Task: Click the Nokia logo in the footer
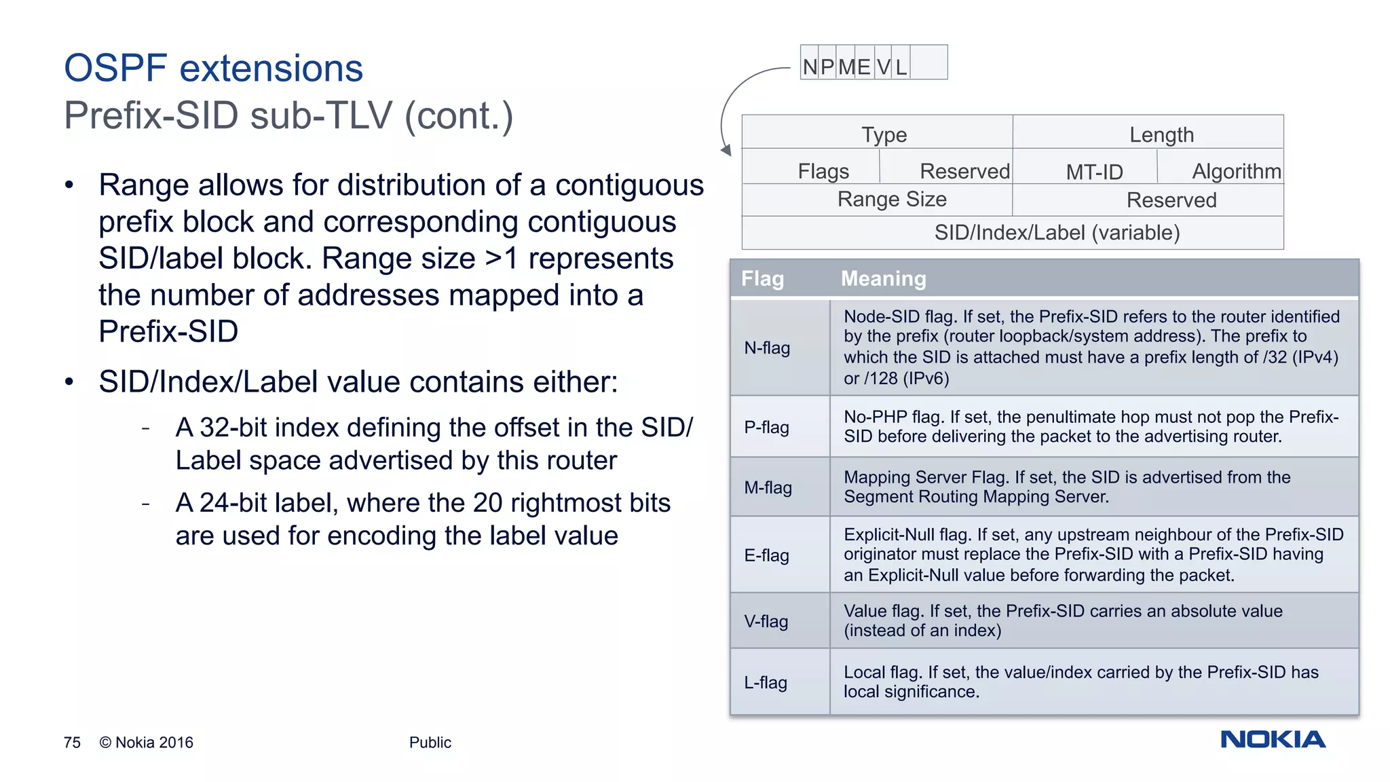tap(1273, 739)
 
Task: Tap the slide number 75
tap(72, 743)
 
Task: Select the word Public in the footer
tap(430, 743)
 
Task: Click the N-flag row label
tap(767, 348)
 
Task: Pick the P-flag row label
tap(766, 427)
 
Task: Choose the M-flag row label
tap(768, 487)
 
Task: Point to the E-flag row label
tap(766, 555)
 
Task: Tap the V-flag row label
tap(766, 621)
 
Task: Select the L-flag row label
tap(766, 682)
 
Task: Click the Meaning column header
tap(883, 278)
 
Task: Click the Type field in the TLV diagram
tap(884, 134)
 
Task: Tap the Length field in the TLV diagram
tap(1161, 134)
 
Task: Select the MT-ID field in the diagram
tap(1094, 172)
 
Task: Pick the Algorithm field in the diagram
tap(1236, 171)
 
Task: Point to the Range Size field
tap(892, 200)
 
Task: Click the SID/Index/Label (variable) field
tap(1057, 233)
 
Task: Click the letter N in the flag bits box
tap(810, 67)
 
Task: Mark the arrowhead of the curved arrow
tap(726, 150)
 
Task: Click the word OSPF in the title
tap(115, 69)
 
